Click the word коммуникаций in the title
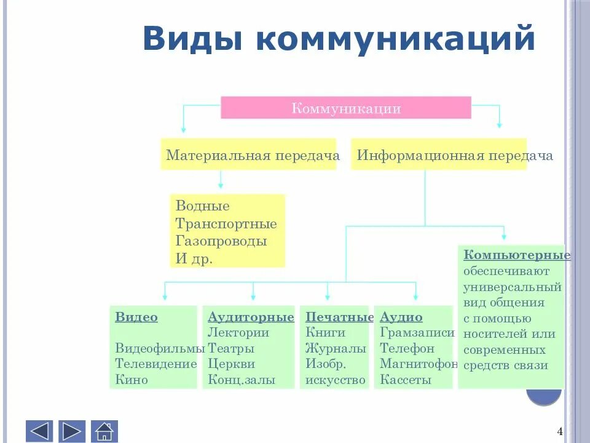[x=393, y=38]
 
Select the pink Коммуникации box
[x=345, y=108]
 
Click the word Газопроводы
[x=221, y=241]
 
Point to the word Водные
[x=203, y=206]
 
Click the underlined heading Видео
[x=136, y=317]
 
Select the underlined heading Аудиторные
[x=251, y=317]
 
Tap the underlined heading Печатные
[x=339, y=317]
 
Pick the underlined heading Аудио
[x=401, y=317]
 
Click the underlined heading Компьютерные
[x=517, y=255]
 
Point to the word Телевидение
[x=156, y=364]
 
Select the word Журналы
[x=336, y=348]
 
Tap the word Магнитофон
[x=419, y=364]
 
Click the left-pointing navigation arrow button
[x=39, y=431]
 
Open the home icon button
[x=104, y=431]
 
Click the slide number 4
[x=560, y=431]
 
